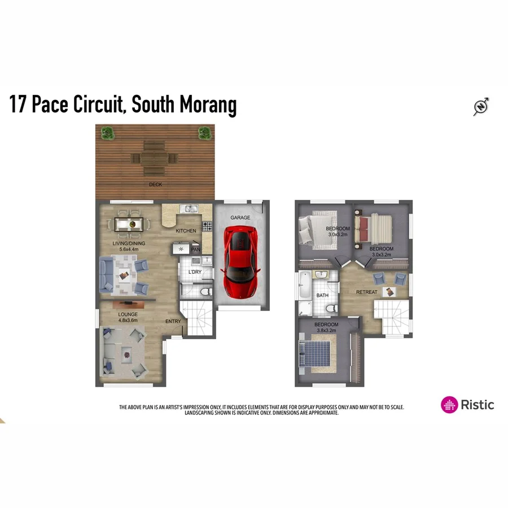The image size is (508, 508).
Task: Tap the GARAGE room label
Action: [x=240, y=217]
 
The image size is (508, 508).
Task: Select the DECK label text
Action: [x=155, y=185]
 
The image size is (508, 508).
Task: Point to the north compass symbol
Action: [x=481, y=106]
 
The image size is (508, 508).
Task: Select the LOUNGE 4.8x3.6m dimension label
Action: [x=128, y=320]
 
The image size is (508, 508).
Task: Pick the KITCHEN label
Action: [x=186, y=231]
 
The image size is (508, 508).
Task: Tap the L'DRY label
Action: [x=195, y=272]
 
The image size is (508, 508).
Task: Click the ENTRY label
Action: [x=173, y=321]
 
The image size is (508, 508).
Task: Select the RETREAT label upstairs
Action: [x=366, y=292]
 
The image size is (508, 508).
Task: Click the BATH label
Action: [x=322, y=295]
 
